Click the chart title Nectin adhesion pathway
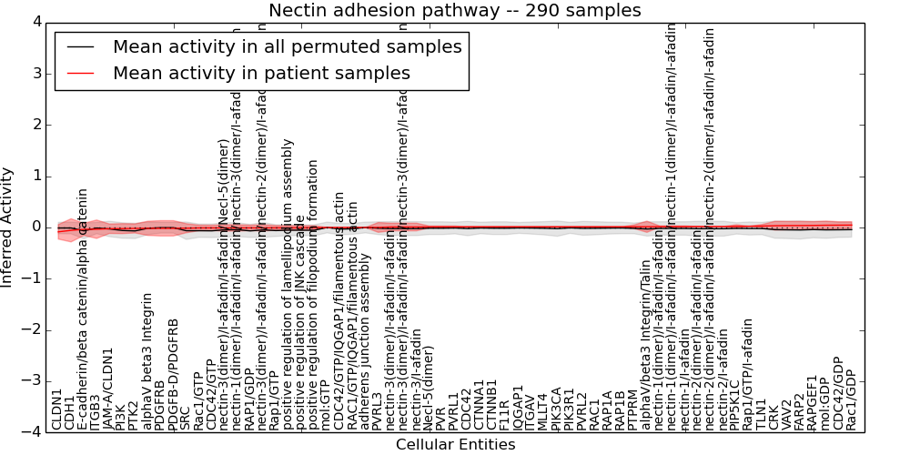pos(454,10)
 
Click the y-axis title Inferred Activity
pos(7,227)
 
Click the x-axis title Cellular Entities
pos(455,444)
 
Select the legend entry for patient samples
pos(261,73)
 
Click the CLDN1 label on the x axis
pos(57,409)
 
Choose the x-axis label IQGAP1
pos(518,406)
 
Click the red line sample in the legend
pos(81,73)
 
